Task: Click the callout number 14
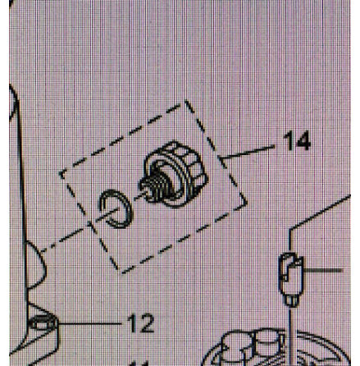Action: [297, 140]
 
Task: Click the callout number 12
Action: [141, 323]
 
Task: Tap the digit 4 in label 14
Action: [303, 140]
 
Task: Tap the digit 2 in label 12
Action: [148, 323]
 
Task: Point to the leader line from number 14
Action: [248, 152]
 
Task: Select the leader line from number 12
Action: [89, 323]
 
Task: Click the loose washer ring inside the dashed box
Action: [116, 208]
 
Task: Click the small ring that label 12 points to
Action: [42, 323]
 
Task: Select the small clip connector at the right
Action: [290, 278]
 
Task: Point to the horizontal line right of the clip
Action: [322, 270]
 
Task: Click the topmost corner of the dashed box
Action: [185, 101]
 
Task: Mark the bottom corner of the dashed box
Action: [121, 272]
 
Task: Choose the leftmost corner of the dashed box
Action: [61, 173]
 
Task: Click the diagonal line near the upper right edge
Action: [320, 211]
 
